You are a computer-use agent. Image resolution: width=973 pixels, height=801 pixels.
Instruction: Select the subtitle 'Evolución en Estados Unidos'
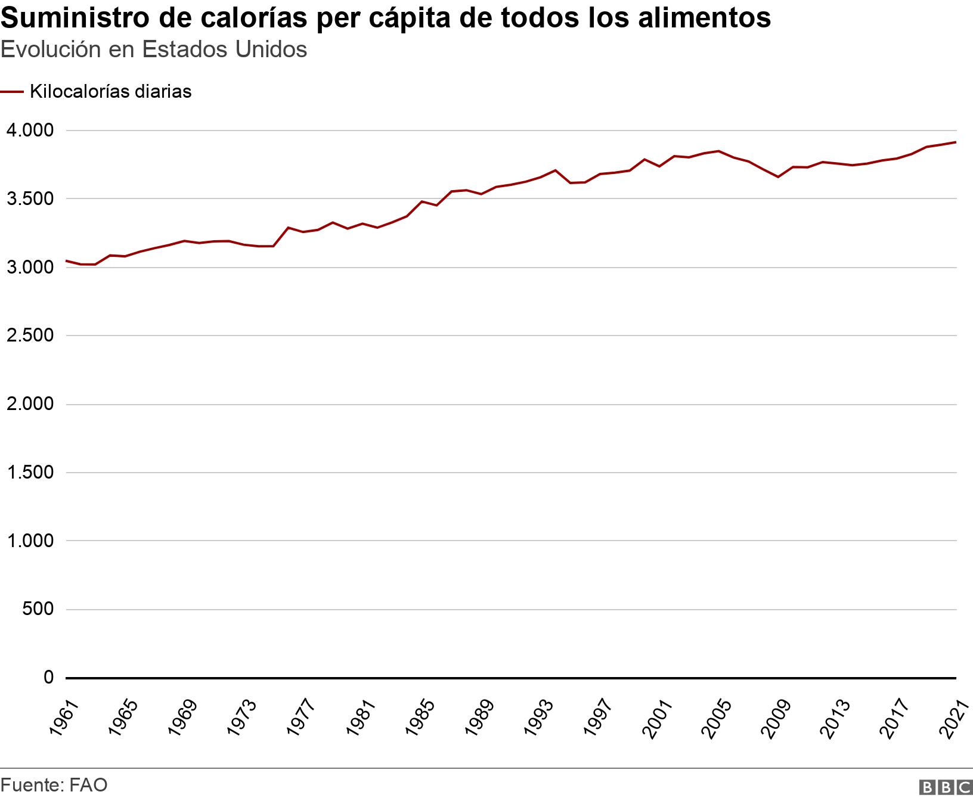point(154,49)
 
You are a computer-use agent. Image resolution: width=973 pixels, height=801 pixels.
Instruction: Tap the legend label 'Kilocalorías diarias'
point(110,92)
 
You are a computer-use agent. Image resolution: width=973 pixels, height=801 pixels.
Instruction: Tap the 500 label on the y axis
point(38,610)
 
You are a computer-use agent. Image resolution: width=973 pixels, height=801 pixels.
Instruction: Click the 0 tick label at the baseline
point(49,678)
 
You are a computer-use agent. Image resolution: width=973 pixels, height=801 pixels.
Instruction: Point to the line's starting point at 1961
point(66,260)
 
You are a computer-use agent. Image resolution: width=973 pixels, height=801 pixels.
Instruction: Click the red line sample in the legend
point(12,92)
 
